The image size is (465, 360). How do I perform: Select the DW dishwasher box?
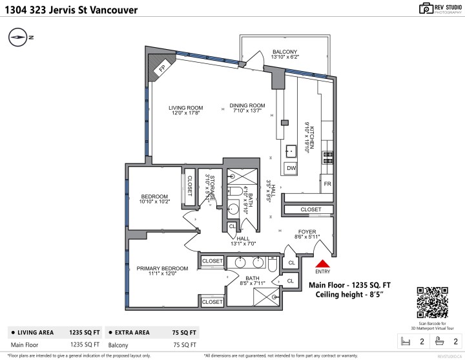pos(291,168)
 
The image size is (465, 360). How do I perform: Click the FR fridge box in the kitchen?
pos(327,184)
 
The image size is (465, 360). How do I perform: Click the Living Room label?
pos(186,110)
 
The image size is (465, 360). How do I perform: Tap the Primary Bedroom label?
pos(162,271)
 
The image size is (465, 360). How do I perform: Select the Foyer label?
pos(307,234)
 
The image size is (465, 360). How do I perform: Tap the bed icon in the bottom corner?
pos(406,341)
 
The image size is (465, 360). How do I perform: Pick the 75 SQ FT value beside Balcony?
pos(187,344)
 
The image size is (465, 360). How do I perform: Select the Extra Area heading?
pos(133,332)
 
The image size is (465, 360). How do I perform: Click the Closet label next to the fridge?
pos(311,209)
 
